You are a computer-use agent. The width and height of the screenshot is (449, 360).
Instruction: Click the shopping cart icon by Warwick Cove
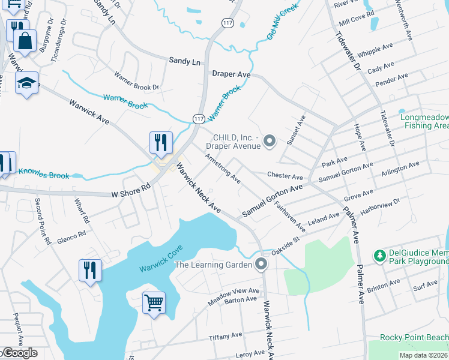coord(154,302)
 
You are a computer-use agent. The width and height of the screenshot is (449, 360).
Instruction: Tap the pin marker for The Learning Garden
coord(261,265)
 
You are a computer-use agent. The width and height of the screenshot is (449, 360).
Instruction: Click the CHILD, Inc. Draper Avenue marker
coord(270,142)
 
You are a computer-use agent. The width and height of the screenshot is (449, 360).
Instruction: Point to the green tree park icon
coord(379,256)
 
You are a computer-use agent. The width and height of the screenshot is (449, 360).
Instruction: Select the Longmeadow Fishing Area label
coord(424,122)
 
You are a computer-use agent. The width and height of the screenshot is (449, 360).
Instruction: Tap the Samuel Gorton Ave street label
coord(272,202)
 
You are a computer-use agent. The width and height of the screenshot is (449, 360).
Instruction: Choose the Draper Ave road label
coord(231,74)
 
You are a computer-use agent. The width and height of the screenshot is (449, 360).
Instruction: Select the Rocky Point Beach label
coord(414,338)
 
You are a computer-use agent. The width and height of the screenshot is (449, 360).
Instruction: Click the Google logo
coord(19,353)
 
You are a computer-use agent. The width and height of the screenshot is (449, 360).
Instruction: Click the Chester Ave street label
coord(285,177)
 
